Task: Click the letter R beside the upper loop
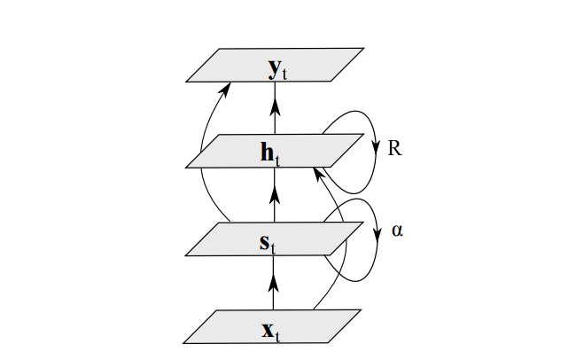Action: [x=395, y=148]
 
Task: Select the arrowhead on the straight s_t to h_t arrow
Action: [x=275, y=192]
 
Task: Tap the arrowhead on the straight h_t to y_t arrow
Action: [x=275, y=106]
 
